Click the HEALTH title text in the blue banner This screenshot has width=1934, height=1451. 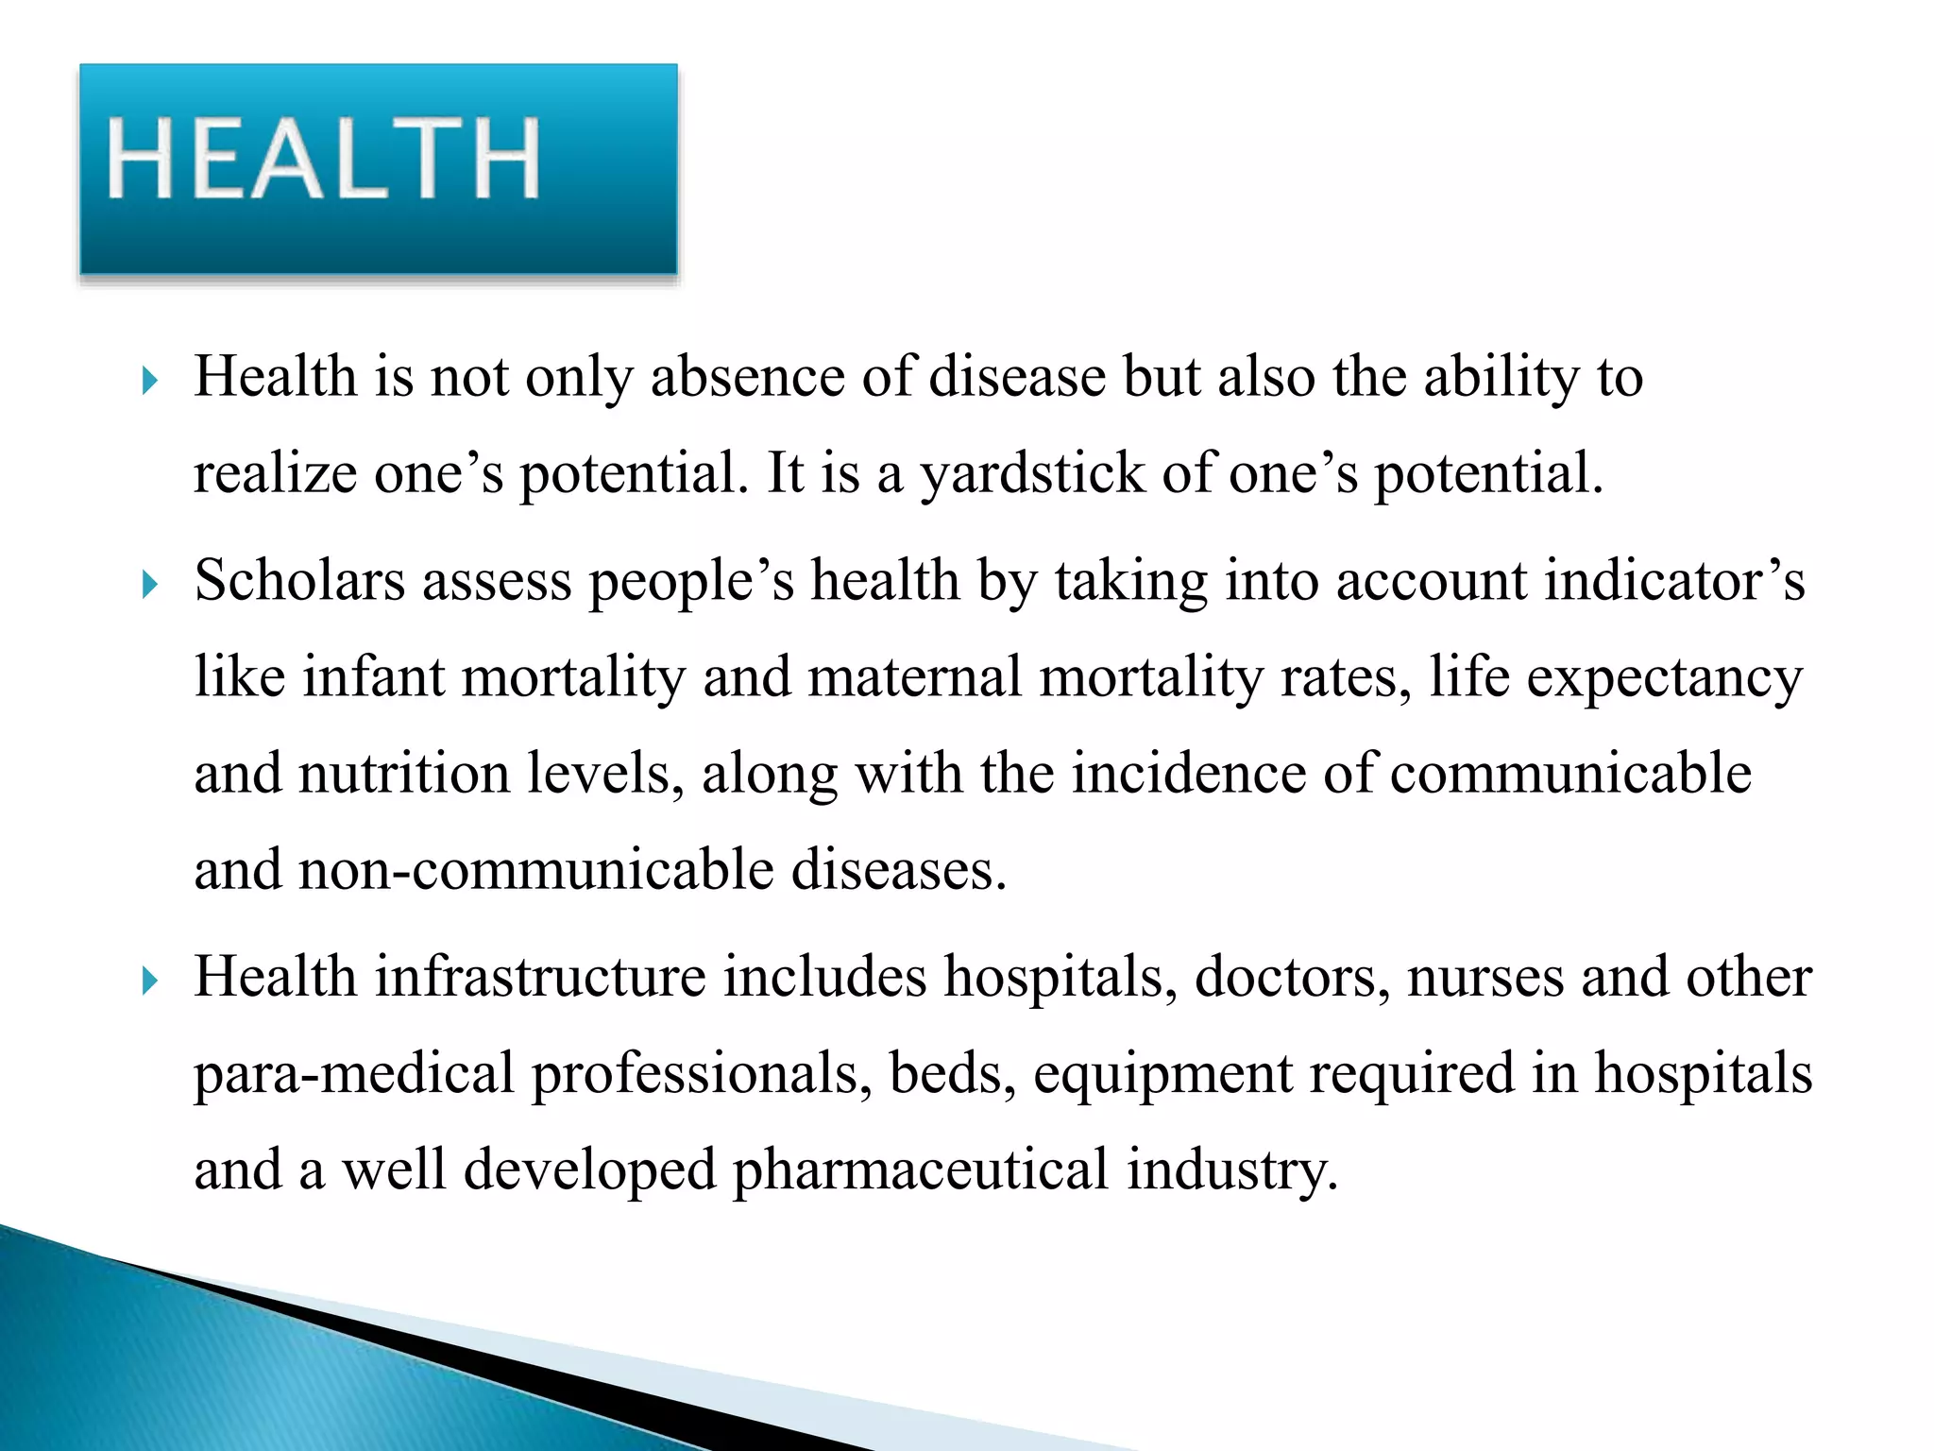(x=323, y=158)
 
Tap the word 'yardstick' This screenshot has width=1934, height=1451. (x=1032, y=473)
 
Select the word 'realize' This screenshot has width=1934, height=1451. (x=275, y=473)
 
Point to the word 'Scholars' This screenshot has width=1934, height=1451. (x=299, y=580)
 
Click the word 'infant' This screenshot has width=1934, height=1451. (x=373, y=677)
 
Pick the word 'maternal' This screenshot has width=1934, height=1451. (x=914, y=677)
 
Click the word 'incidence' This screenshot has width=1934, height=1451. (x=1189, y=774)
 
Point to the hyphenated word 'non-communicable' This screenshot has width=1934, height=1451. (x=535, y=870)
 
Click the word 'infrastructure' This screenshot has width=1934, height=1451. (x=540, y=977)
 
